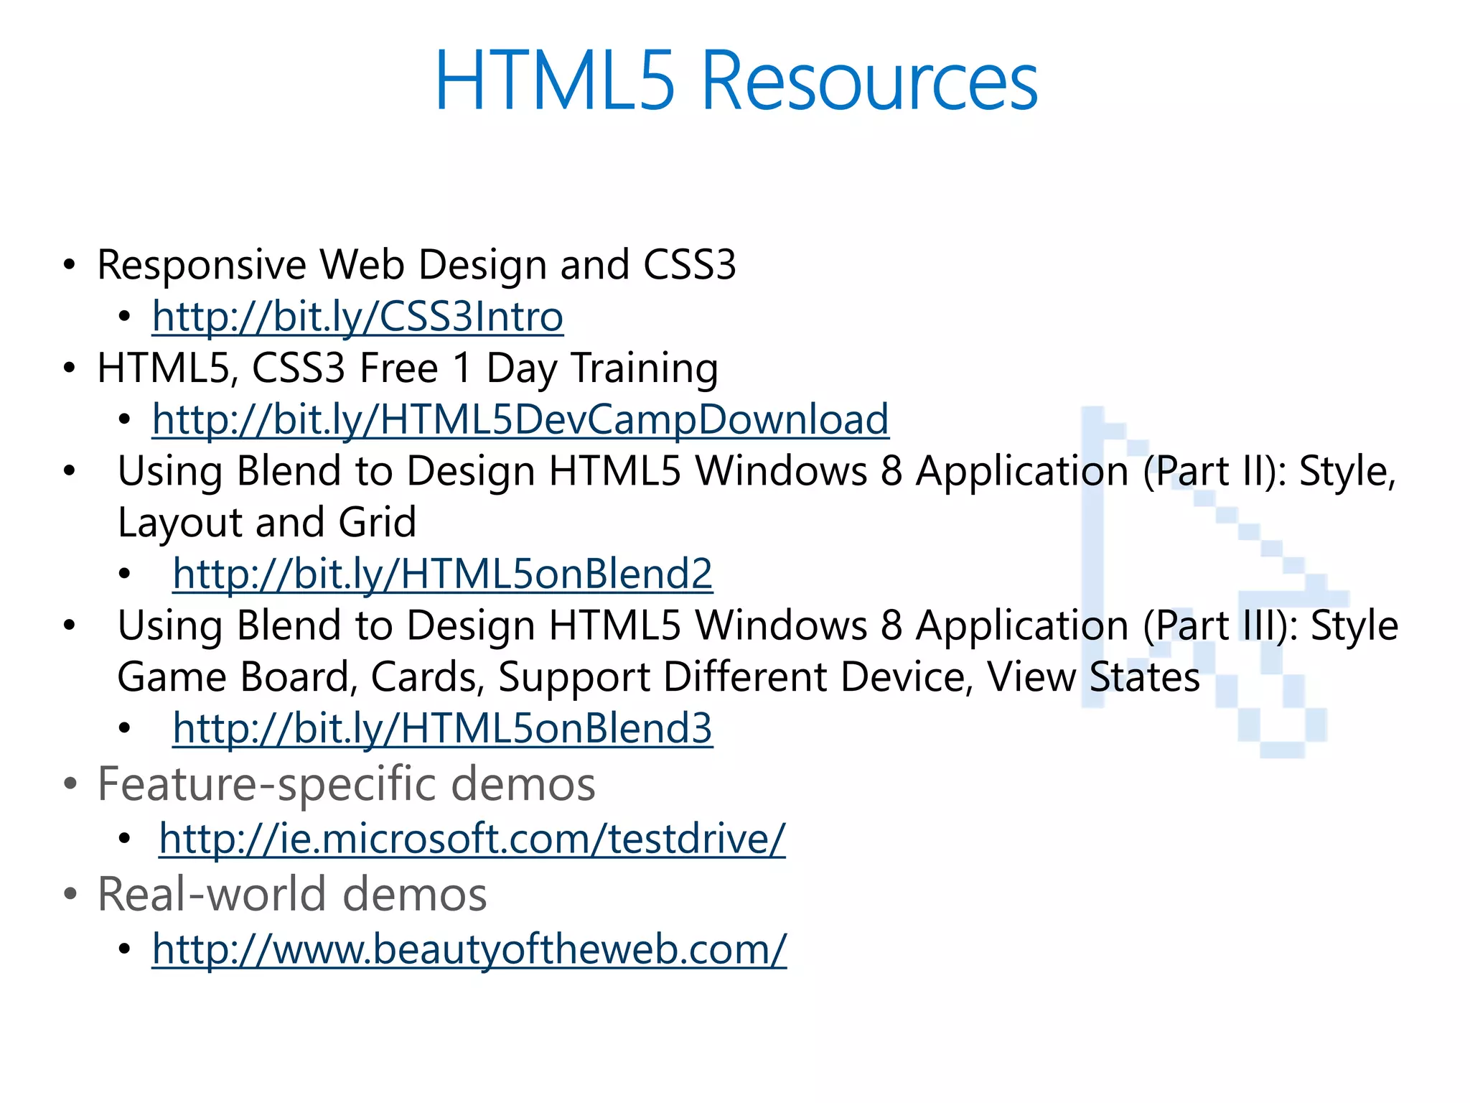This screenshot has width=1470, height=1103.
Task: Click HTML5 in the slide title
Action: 555,80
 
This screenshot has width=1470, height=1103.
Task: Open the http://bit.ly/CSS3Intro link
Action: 357,317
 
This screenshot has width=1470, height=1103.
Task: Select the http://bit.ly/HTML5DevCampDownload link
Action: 520,419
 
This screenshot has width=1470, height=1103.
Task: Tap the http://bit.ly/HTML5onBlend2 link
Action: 443,574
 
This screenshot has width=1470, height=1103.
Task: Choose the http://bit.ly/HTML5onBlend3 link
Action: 443,728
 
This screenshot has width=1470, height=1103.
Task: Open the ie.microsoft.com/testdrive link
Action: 472,838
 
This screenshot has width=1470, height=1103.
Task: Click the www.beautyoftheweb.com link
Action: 469,949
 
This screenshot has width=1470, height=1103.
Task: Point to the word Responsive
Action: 202,265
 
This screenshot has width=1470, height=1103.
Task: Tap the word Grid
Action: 377,522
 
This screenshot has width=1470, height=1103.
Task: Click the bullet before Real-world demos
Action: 70,895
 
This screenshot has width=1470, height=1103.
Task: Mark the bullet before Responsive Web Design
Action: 70,265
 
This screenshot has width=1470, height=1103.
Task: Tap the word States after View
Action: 1144,677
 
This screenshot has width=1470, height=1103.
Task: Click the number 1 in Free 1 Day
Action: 462,368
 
